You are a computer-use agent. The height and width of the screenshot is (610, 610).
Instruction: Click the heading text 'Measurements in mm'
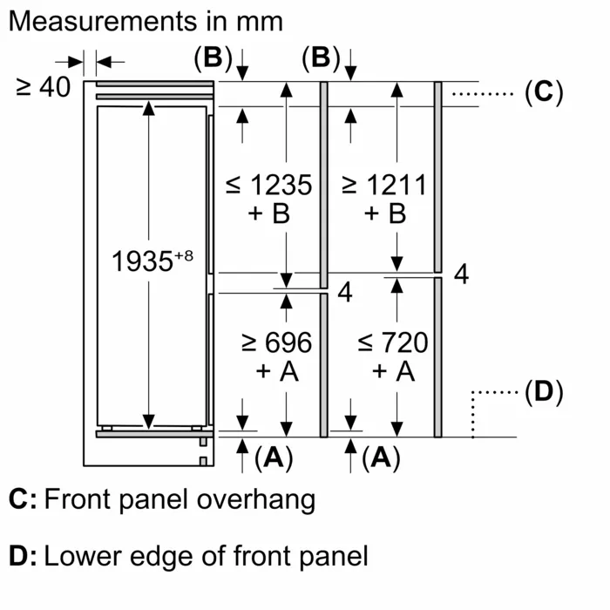tap(146, 22)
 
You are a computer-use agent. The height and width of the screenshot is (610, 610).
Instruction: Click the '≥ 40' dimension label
tap(43, 87)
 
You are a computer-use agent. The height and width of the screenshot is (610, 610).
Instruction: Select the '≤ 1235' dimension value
tap(268, 186)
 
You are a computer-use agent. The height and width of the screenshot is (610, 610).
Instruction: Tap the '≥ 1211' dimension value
tap(384, 186)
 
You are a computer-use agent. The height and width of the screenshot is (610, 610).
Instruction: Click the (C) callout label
tap(544, 92)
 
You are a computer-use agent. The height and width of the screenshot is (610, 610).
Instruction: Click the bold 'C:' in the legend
tap(23, 501)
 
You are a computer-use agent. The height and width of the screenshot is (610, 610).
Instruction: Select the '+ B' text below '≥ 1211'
tap(384, 214)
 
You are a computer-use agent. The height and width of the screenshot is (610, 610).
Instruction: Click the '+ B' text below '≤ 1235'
tap(268, 214)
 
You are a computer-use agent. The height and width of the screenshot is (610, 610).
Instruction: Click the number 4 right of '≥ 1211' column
tap(462, 275)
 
